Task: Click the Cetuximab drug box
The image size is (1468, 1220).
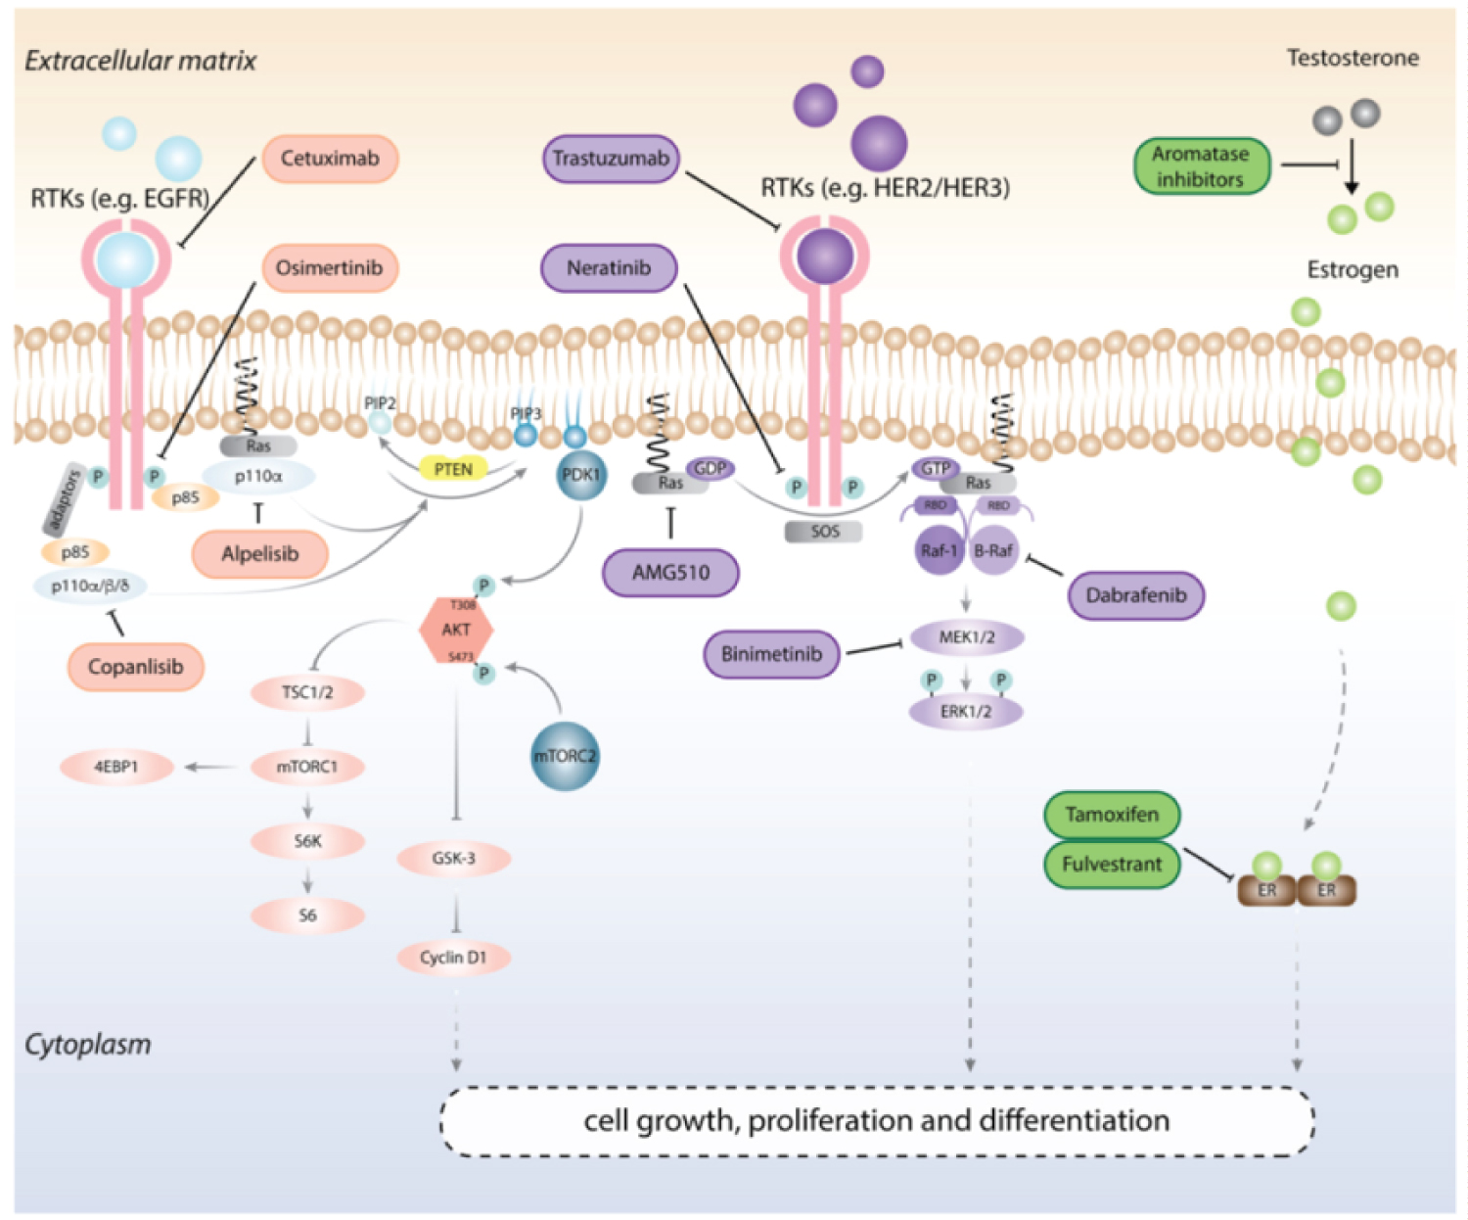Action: pyautogui.click(x=330, y=159)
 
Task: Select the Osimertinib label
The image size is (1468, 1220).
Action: pyautogui.click(x=330, y=268)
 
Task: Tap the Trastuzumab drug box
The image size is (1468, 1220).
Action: pyautogui.click(x=611, y=159)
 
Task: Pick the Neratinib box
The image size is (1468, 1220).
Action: pyautogui.click(x=609, y=268)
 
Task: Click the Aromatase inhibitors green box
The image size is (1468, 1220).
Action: pyautogui.click(x=1201, y=166)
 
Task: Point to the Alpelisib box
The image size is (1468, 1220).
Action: pyautogui.click(x=259, y=554)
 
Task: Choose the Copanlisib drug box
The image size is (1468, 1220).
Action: pyautogui.click(x=136, y=667)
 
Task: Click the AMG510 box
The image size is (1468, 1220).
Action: pyautogui.click(x=670, y=573)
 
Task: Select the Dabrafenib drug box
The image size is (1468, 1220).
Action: pyautogui.click(x=1135, y=595)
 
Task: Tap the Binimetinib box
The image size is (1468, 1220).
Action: pyautogui.click(x=771, y=654)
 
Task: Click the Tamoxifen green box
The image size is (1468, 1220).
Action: pyautogui.click(x=1112, y=815)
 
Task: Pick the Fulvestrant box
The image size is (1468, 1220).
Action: pyautogui.click(x=1112, y=865)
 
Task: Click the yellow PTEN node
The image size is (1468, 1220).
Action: pyautogui.click(x=453, y=469)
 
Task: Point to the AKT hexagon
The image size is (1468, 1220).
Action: pyautogui.click(x=456, y=630)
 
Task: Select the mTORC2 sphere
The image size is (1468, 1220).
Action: pyautogui.click(x=565, y=756)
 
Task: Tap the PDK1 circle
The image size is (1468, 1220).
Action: pyautogui.click(x=580, y=475)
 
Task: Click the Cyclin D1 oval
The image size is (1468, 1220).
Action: pyautogui.click(x=453, y=958)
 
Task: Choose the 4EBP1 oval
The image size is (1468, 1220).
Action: pyautogui.click(x=116, y=767)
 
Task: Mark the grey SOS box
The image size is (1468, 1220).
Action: pyautogui.click(x=824, y=532)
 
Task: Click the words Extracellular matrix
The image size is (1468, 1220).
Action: pyautogui.click(x=140, y=61)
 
